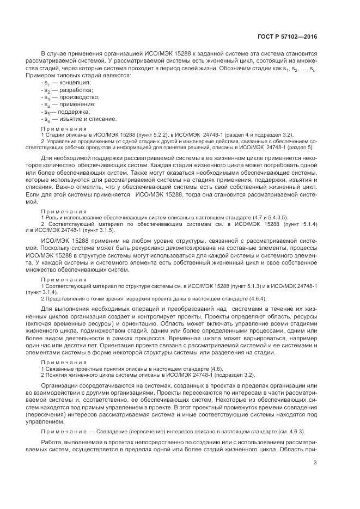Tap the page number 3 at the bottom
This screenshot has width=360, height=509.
(x=315, y=463)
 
